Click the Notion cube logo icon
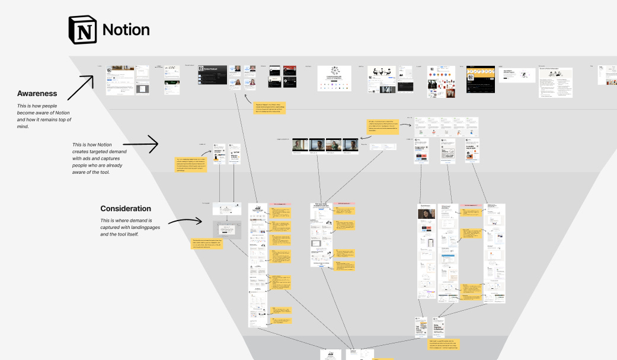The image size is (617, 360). [82, 30]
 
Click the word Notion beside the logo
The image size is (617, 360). [126, 30]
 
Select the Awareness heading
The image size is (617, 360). [37, 94]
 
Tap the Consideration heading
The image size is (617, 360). [126, 209]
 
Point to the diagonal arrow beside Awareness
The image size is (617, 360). [80, 88]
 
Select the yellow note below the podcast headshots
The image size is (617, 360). [263, 107]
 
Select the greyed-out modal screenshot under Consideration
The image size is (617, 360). [227, 230]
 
